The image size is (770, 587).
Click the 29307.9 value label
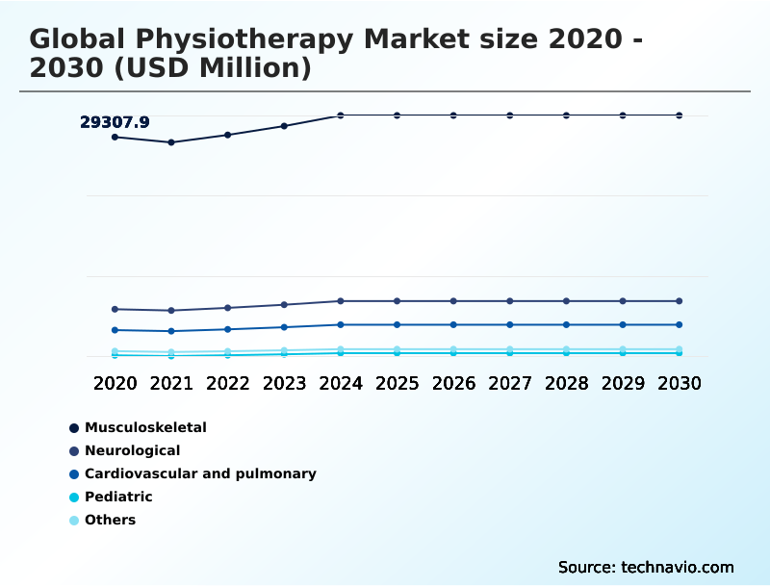[x=115, y=122]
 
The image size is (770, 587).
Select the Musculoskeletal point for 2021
[x=171, y=142]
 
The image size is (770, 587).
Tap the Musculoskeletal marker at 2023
[x=284, y=126]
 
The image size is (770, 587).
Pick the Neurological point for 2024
[x=341, y=301]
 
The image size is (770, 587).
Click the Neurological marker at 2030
[x=680, y=301]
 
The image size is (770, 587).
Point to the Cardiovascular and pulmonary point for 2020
[x=115, y=330]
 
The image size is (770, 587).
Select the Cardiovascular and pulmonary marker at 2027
[x=510, y=324]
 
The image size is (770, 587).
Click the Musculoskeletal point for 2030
[x=680, y=115]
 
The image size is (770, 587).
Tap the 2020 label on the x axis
[x=115, y=383]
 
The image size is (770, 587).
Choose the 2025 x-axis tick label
[x=397, y=383]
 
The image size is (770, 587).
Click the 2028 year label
[x=566, y=383]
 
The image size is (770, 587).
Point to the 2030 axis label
[x=680, y=383]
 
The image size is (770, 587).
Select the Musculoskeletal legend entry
[x=145, y=427]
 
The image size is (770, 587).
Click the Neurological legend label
[x=132, y=450]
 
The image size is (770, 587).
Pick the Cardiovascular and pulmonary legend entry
[x=200, y=473]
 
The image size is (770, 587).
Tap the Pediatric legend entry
[x=118, y=497]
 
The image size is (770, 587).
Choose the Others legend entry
[x=110, y=520]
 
